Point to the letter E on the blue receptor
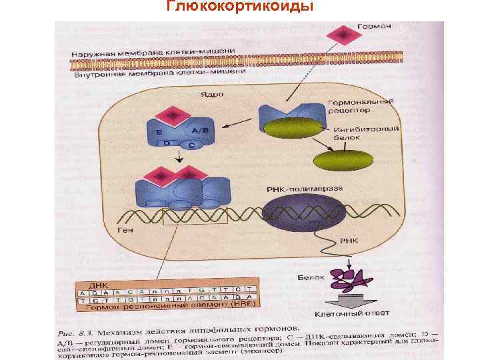(159, 133)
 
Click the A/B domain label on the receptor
(199, 131)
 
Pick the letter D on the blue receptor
(168, 144)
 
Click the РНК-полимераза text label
(305, 189)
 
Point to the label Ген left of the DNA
(125, 230)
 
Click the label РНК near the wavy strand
(349, 240)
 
